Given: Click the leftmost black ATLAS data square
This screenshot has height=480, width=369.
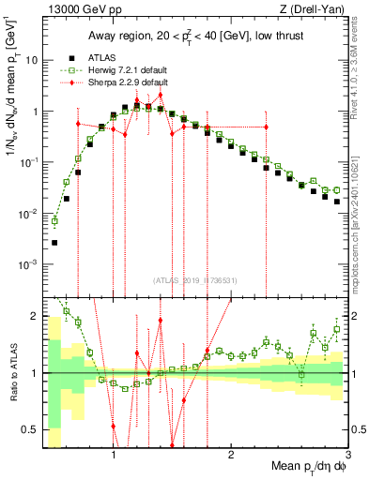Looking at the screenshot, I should tap(54, 243).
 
